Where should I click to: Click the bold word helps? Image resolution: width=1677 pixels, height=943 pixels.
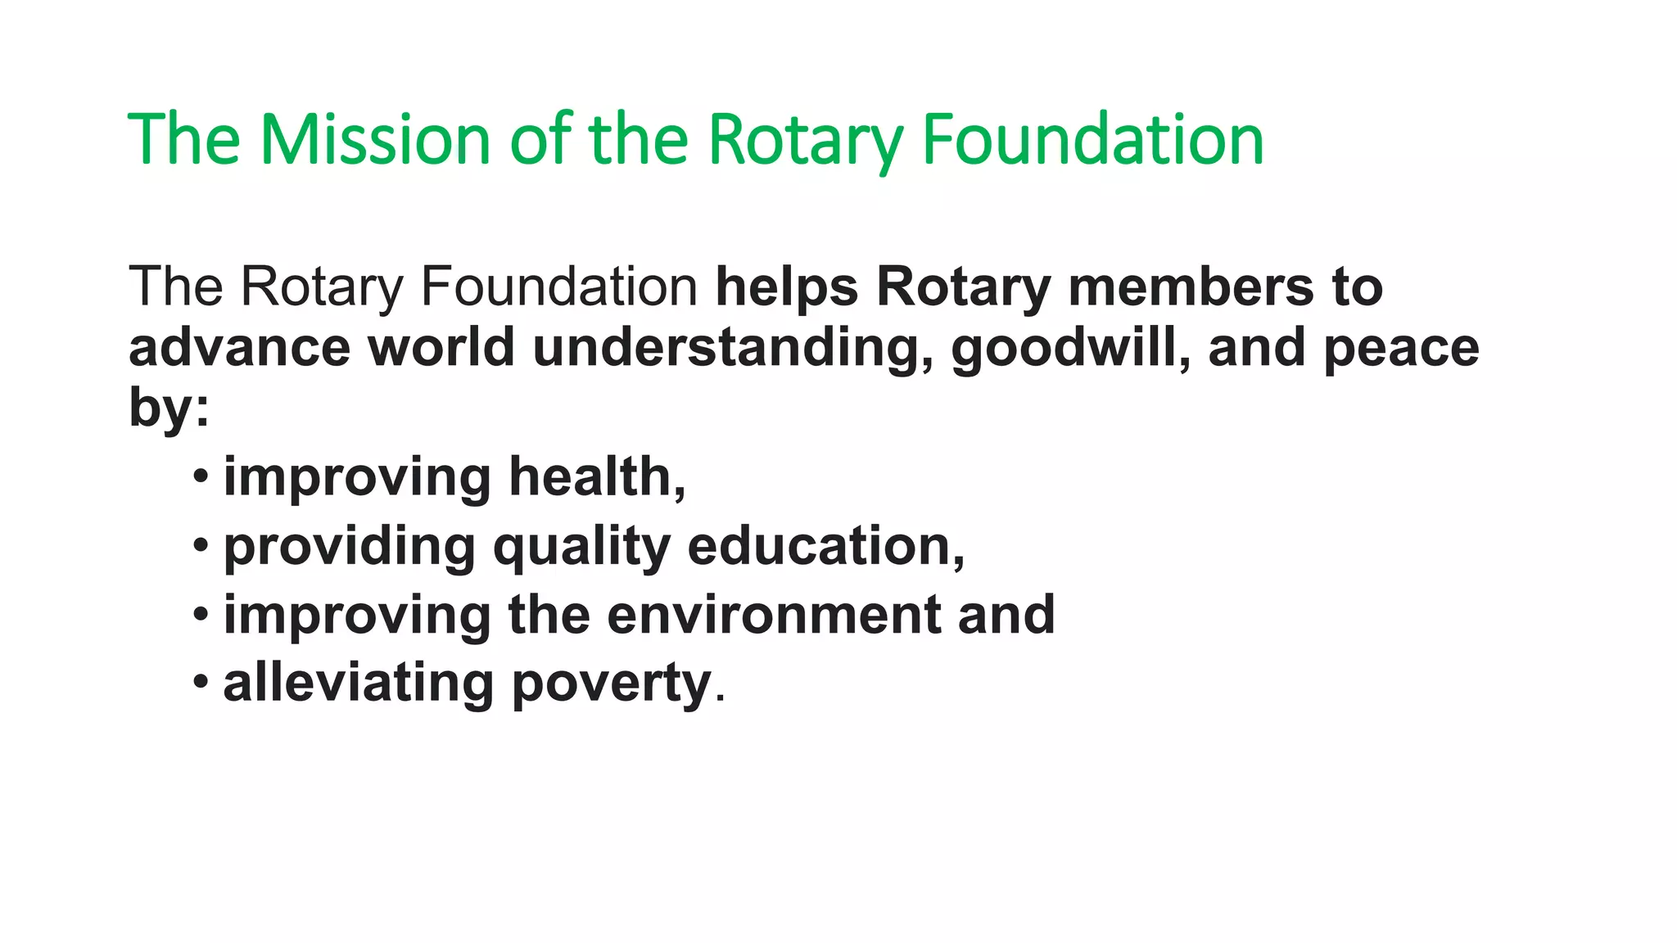pyautogui.click(x=787, y=287)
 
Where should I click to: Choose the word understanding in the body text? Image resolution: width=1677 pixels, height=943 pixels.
pyautogui.click(x=733, y=348)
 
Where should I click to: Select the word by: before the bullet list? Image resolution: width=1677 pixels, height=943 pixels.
pyautogui.click(x=169, y=408)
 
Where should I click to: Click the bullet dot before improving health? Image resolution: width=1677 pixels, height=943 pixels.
pyautogui.click(x=201, y=476)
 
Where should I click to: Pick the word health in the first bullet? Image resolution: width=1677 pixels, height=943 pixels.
pyautogui.click(x=597, y=476)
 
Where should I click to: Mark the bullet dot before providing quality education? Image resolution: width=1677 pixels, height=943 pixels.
pyautogui.click(x=201, y=544)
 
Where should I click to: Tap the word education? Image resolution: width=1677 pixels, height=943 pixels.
pyautogui.click(x=825, y=546)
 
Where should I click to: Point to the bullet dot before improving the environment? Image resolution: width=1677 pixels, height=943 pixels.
pyautogui.click(x=201, y=613)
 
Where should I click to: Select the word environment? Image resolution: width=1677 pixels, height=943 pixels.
pyautogui.click(x=773, y=615)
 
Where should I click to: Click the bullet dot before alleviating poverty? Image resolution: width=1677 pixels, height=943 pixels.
pyautogui.click(x=201, y=682)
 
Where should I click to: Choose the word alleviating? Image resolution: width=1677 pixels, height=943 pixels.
pyautogui.click(x=359, y=684)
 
